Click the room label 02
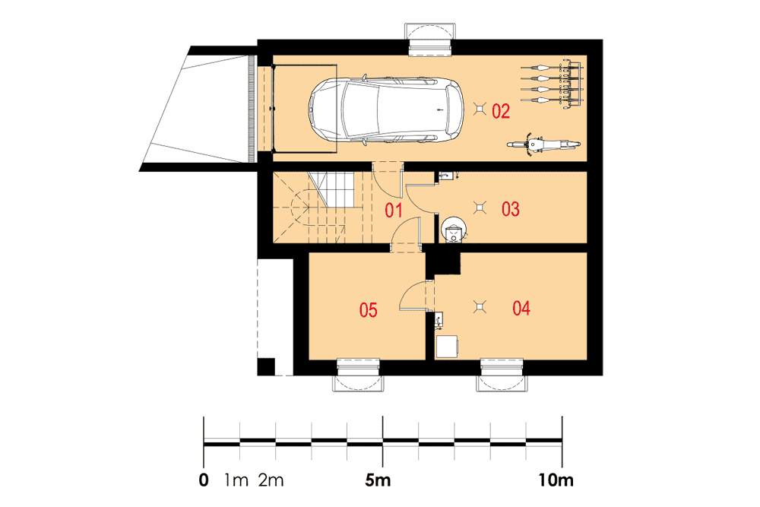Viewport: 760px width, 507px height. [501, 111]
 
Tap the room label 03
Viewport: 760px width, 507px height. [511, 209]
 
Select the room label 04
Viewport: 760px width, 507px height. [521, 308]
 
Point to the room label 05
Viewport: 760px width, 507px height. [368, 309]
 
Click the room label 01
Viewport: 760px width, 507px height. [393, 211]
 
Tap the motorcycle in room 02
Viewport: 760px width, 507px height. [543, 144]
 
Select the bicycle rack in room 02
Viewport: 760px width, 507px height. [553, 84]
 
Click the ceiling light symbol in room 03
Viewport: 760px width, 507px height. [480, 208]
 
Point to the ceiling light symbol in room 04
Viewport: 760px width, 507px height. [480, 306]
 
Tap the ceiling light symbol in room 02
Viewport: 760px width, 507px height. [480, 109]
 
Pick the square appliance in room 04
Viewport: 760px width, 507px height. [446, 346]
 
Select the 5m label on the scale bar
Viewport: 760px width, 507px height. [378, 480]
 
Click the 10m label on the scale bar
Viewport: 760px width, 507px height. [556, 480]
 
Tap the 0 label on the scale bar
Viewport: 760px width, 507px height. [204, 480]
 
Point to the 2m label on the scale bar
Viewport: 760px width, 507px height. [271, 480]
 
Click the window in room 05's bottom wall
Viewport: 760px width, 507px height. [358, 375]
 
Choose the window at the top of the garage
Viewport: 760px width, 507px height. [430, 40]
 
